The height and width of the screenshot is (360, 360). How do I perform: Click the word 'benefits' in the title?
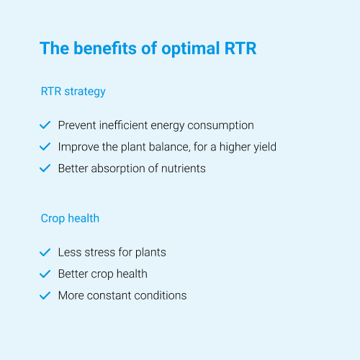[105, 48]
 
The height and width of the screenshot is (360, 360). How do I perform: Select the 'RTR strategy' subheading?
[73, 91]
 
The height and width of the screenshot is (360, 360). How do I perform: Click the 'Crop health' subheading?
[70, 219]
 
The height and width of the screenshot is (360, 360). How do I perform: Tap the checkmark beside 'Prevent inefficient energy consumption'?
[45, 125]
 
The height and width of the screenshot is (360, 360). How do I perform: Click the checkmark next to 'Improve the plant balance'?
[45, 146]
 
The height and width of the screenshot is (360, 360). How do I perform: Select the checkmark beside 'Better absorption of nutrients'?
[45, 168]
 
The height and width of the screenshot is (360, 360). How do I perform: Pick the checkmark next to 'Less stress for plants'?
[45, 252]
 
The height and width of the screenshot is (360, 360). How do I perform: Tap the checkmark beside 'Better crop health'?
[45, 274]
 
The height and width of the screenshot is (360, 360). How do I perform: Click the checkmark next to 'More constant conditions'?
[45, 295]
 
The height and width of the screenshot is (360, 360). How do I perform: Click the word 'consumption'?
[220, 126]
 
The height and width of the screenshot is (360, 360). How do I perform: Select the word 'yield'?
[265, 148]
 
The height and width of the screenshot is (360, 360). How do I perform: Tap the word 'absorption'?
[118, 169]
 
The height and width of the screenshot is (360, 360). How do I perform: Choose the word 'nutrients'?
[184, 168]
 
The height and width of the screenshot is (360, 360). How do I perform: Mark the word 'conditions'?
[161, 295]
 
